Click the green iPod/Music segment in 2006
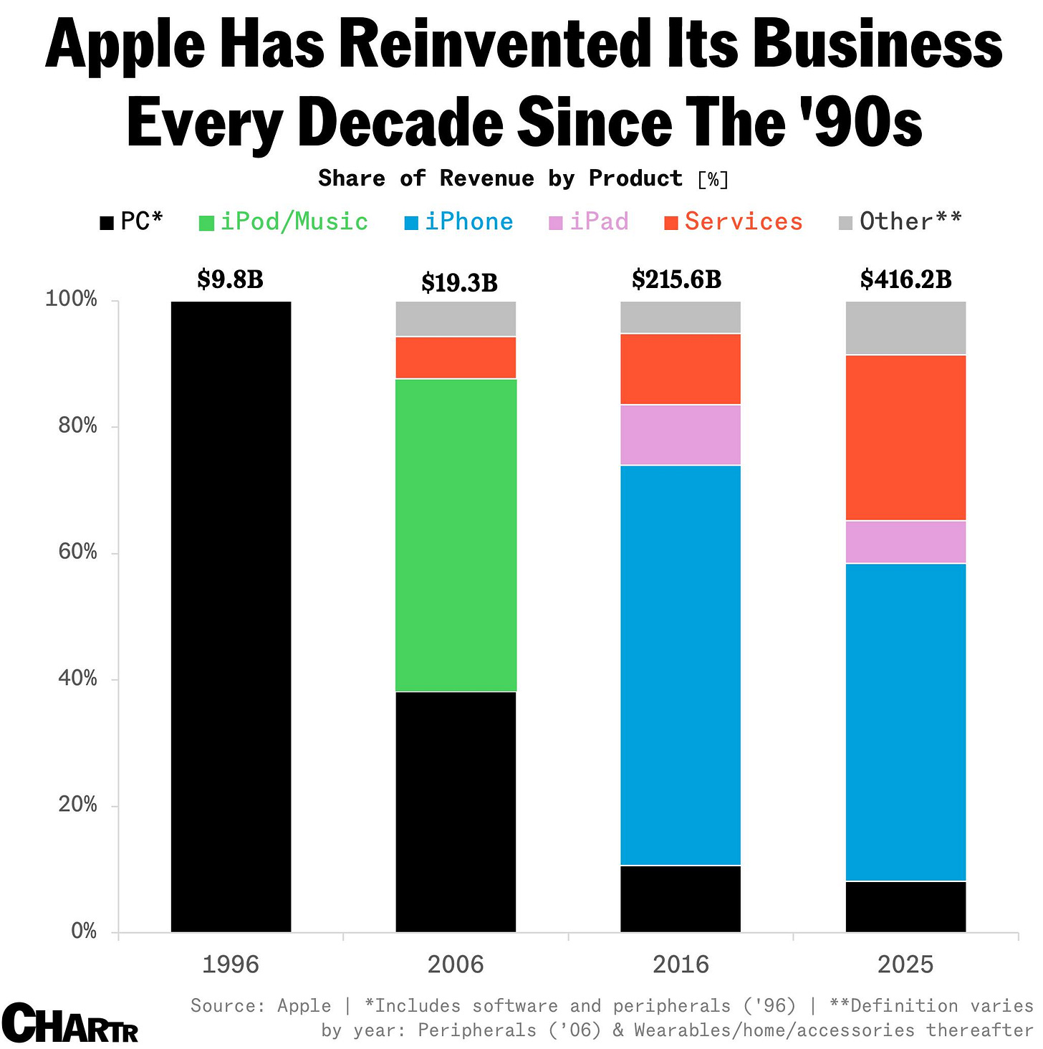[x=456, y=535]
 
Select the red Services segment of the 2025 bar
[x=905, y=437]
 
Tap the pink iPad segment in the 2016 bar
[x=680, y=435]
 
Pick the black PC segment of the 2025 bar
[x=905, y=906]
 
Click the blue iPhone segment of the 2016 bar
[x=680, y=665]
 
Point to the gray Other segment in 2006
[x=456, y=318]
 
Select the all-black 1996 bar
[x=231, y=616]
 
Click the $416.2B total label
[x=905, y=279]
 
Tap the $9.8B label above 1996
[x=231, y=279]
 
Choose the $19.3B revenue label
[x=459, y=283]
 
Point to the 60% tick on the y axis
[x=77, y=552]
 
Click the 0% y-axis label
[x=84, y=931]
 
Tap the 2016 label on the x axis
[x=680, y=964]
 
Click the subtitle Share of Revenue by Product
[x=500, y=178]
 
